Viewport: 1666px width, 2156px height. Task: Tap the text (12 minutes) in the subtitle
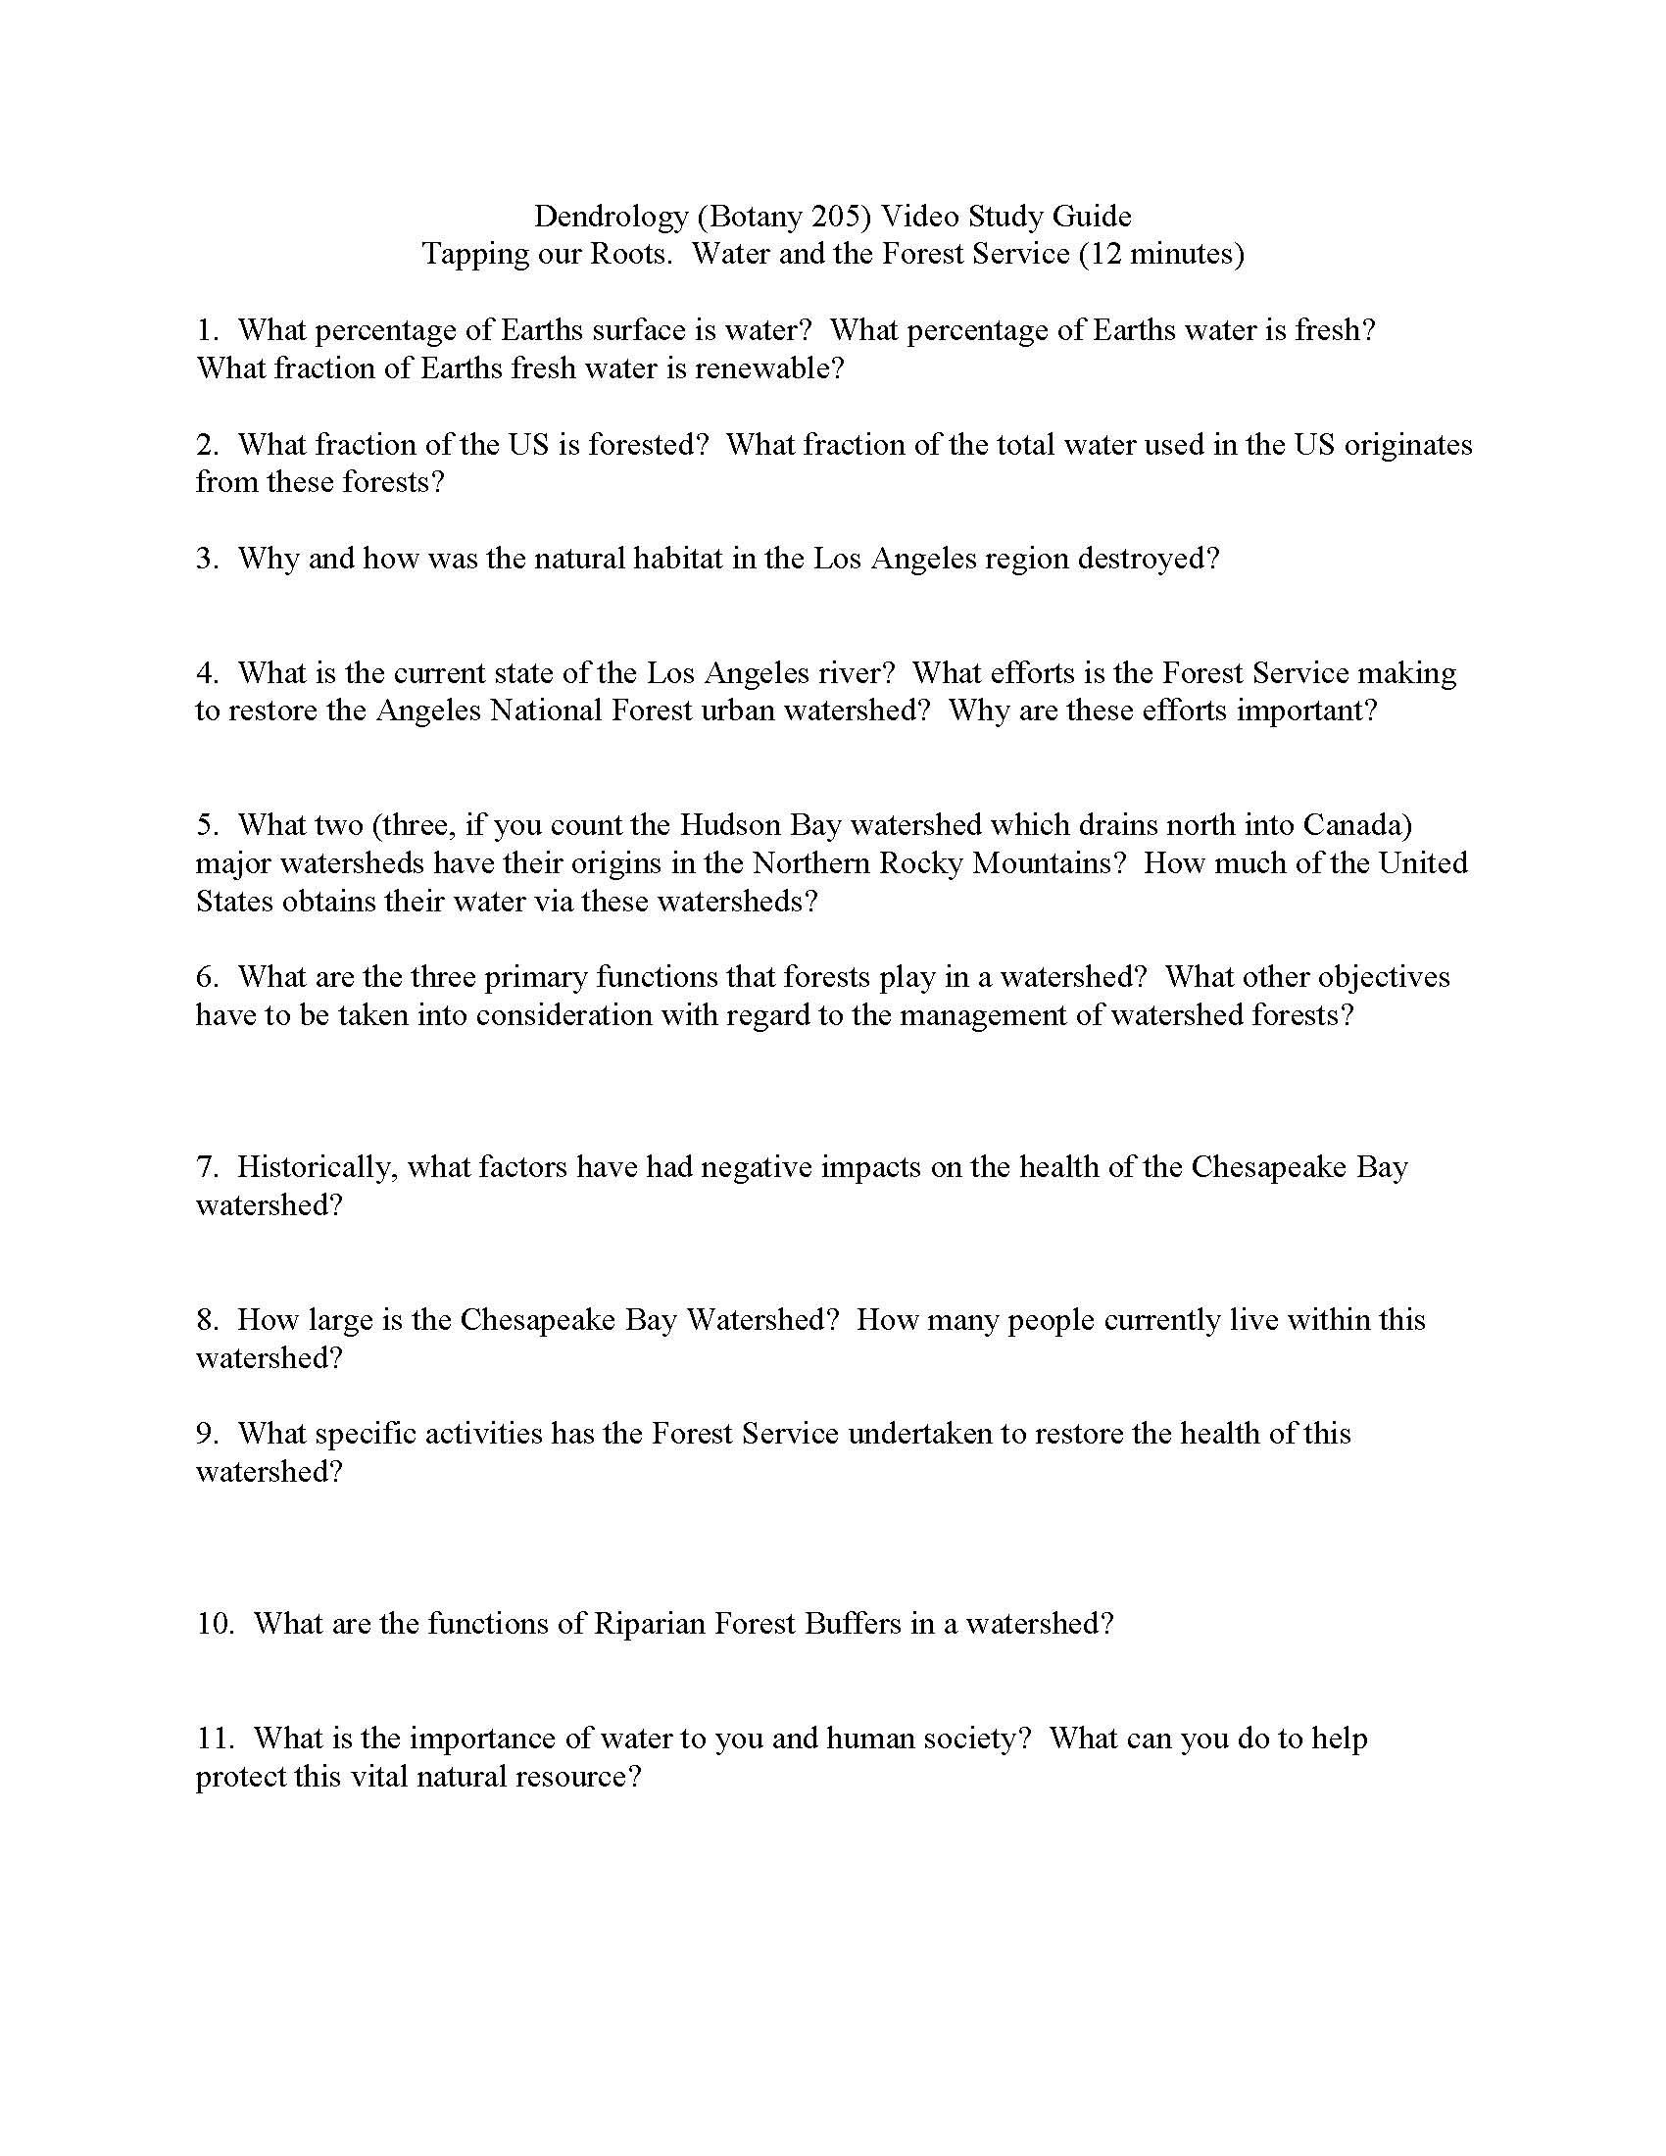pos(1160,255)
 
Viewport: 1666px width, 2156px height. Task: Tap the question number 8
pos(206,1320)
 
